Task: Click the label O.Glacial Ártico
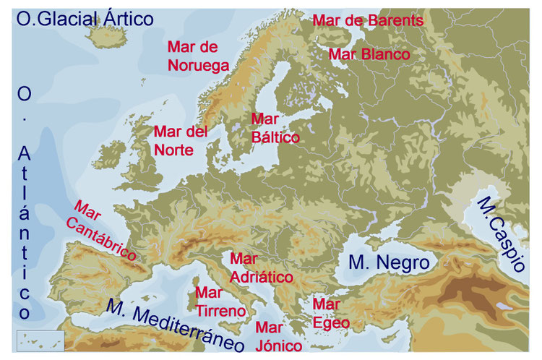point(85,18)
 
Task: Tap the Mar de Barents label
point(368,20)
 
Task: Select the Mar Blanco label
point(369,54)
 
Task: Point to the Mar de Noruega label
point(198,56)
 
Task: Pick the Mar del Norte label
point(180,141)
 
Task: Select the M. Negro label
point(388,262)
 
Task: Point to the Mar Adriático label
point(261,267)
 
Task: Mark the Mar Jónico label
point(279,337)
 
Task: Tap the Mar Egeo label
point(332,314)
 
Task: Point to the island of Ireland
point(107,155)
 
